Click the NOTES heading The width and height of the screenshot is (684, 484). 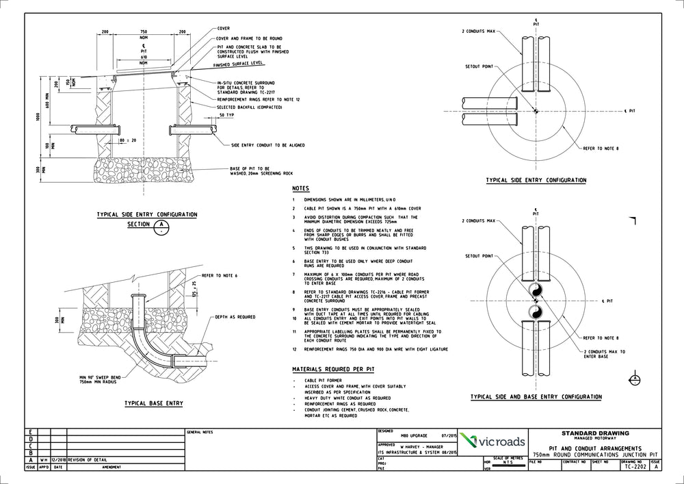coord(300,188)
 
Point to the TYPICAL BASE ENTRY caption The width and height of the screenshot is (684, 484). coord(153,404)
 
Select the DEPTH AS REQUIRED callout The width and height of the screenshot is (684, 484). coord(235,317)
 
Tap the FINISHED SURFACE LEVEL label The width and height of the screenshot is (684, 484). coord(238,64)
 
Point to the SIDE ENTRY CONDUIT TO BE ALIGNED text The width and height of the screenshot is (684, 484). coord(268,145)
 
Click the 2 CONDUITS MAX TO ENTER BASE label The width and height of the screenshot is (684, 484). coord(605,354)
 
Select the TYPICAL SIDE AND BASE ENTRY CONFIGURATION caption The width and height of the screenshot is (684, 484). coord(536,397)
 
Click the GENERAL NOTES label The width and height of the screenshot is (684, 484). coord(200,433)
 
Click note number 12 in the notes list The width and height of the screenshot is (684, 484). coord(293,349)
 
